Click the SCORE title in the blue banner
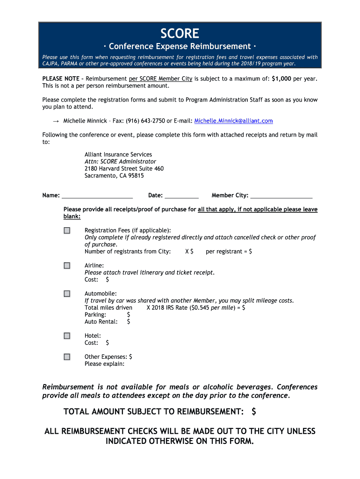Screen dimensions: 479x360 180,33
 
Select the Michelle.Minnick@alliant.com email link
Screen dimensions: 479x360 233,121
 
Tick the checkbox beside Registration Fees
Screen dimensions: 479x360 67,230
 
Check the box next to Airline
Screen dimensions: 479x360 67,266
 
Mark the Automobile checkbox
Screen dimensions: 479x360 67,294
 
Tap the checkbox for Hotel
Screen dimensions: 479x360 67,336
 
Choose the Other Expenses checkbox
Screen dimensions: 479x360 67,357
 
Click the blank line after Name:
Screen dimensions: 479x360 97,196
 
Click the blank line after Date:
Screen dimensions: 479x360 182,196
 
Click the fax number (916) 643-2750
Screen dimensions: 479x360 145,121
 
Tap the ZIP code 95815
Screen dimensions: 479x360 134,176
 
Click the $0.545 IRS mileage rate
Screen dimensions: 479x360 199,308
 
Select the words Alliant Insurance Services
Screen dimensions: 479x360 118,154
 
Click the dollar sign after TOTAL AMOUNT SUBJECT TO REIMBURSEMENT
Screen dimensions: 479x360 253,412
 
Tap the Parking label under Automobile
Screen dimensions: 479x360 95,315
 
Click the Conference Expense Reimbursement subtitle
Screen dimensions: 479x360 180,46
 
